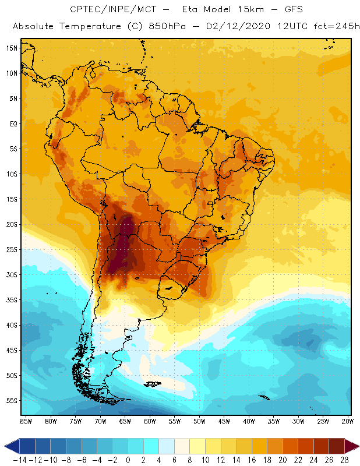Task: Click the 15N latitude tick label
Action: tap(11, 48)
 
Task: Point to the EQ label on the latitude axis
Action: tap(13, 123)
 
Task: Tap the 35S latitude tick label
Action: tap(11, 300)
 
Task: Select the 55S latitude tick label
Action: tap(11, 401)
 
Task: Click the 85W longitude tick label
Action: tap(26, 421)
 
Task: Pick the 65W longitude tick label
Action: tap(125, 421)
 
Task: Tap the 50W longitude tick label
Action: tap(200, 421)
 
